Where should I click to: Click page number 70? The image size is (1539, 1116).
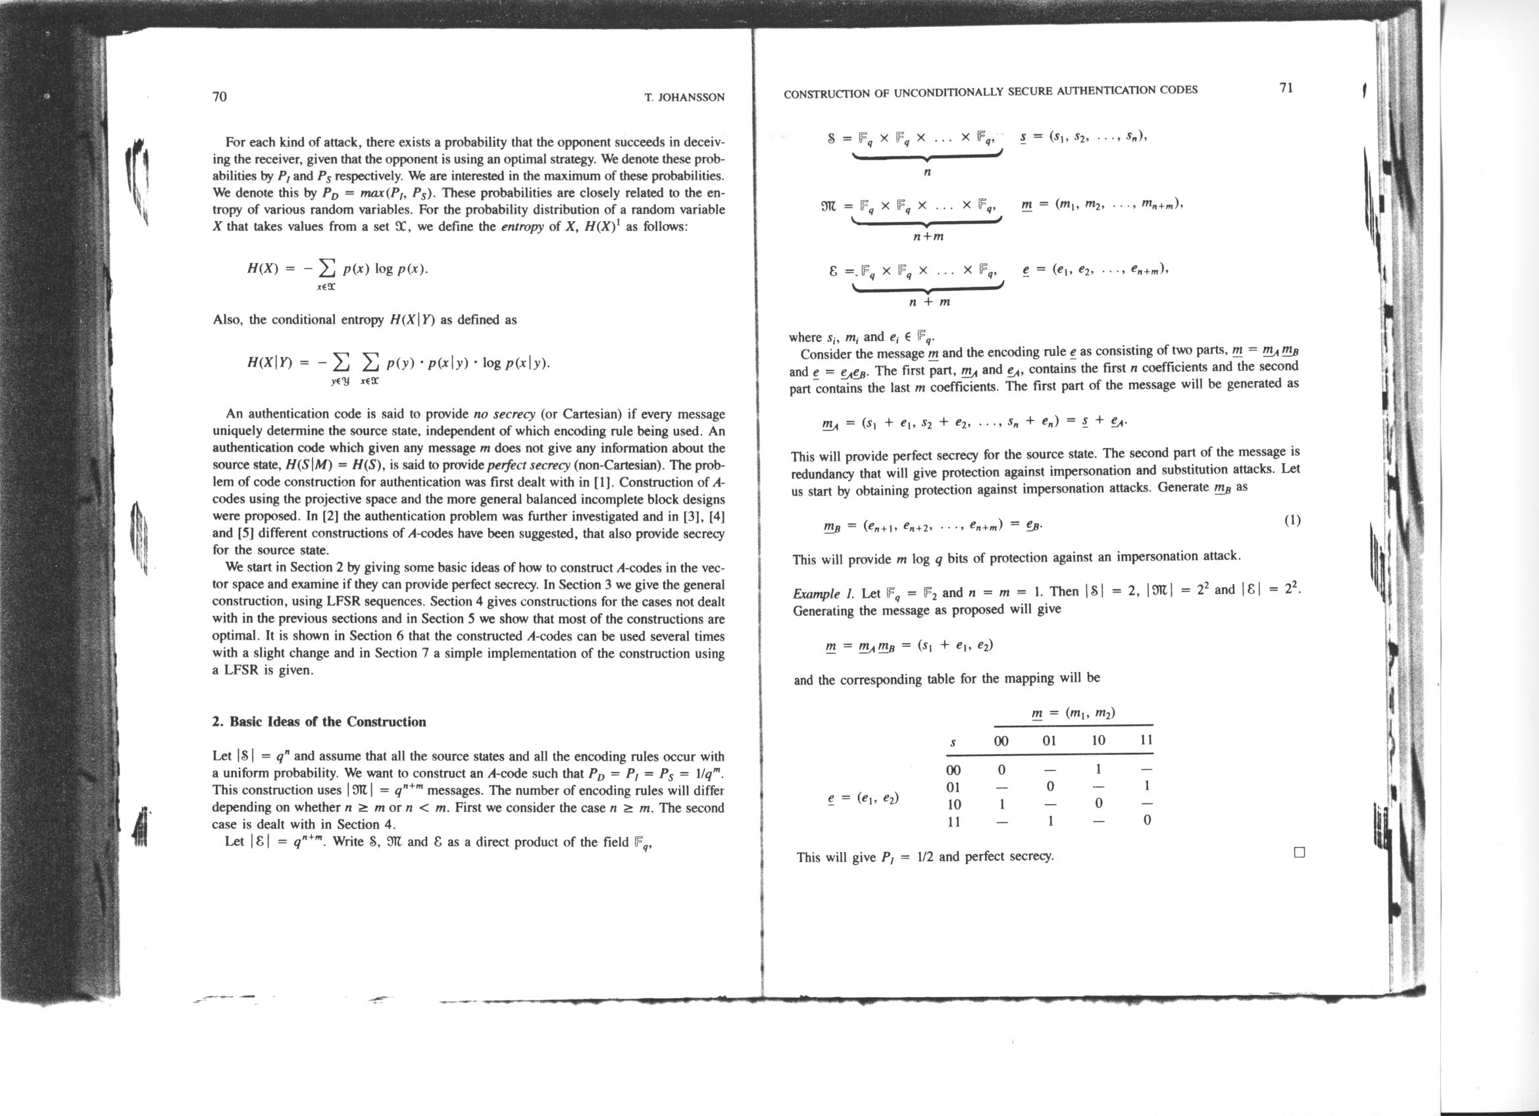[x=220, y=96]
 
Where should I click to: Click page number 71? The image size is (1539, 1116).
[x=1286, y=88]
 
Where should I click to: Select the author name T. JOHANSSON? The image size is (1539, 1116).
[x=684, y=97]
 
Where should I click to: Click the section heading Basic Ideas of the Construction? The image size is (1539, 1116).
[x=319, y=721]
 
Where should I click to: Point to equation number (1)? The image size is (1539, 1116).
[x=1292, y=520]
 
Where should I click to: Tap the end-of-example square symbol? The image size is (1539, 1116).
[x=1299, y=853]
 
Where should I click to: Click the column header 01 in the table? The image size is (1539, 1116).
[x=1049, y=741]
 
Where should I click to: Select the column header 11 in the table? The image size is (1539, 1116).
[x=1146, y=740]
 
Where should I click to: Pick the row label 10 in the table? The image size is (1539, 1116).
[x=953, y=805]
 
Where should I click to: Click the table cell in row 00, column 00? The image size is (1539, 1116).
[x=1001, y=770]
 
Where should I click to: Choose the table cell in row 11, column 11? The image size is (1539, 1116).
[x=1146, y=820]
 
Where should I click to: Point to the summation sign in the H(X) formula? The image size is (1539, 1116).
[x=328, y=269]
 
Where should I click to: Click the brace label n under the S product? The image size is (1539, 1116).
[x=928, y=172]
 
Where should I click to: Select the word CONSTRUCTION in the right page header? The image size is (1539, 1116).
[x=823, y=93]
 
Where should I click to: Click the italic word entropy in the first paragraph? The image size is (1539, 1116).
[x=520, y=226]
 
